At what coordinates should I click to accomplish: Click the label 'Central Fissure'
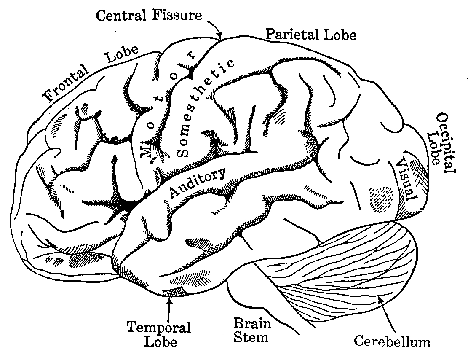[x=149, y=16]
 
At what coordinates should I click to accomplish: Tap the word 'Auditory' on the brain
[x=198, y=183]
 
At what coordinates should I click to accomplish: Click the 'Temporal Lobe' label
[x=159, y=333]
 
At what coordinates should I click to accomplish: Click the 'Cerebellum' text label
[x=392, y=341]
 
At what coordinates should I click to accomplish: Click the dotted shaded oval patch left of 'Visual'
[x=380, y=197]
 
